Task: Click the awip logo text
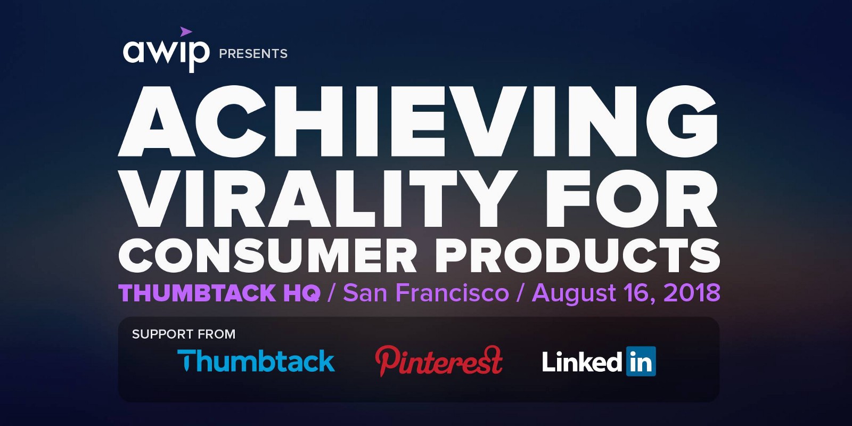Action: [166, 54]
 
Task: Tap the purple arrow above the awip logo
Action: [186, 32]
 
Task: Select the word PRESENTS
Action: [253, 54]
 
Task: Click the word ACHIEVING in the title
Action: [417, 121]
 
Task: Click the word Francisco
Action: [452, 293]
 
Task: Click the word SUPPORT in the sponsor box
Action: [159, 334]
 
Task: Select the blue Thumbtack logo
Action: [256, 360]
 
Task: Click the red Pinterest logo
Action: [439, 361]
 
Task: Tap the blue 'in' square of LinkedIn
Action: [641, 362]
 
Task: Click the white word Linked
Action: [583, 362]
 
